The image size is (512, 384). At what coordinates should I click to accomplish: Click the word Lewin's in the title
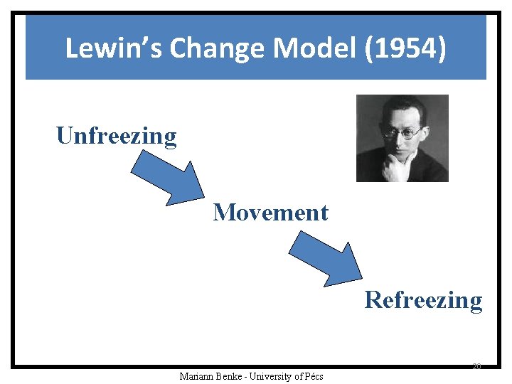point(114,48)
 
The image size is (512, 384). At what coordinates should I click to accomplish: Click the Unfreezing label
point(117,135)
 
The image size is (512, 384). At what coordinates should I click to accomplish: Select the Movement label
point(270,212)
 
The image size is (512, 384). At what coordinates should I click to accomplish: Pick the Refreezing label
point(423,300)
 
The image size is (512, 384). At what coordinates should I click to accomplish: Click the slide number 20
point(476,366)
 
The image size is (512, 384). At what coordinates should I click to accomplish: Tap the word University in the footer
point(273,376)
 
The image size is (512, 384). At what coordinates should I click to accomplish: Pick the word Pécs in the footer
point(314,376)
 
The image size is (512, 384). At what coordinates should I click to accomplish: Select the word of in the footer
point(299,376)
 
